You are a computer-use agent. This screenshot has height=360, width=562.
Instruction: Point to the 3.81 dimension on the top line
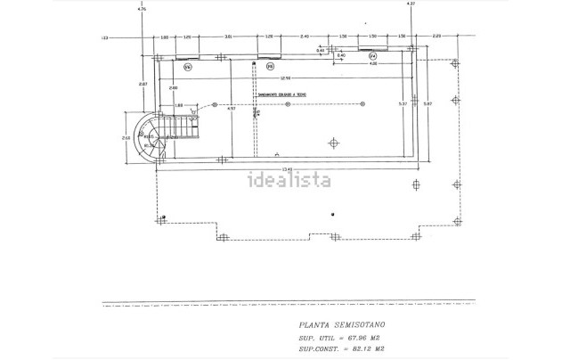point(228,36)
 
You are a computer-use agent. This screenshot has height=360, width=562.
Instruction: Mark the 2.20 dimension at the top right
point(436,36)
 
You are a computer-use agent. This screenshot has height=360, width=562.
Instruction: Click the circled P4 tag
point(372,56)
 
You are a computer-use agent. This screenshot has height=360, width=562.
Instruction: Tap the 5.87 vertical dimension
point(428,105)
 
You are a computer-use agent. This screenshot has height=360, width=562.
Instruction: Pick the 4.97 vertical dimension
point(230,110)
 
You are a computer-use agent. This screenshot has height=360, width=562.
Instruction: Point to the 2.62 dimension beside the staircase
point(127,138)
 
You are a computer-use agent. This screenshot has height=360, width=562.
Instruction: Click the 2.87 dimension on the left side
point(143,84)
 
